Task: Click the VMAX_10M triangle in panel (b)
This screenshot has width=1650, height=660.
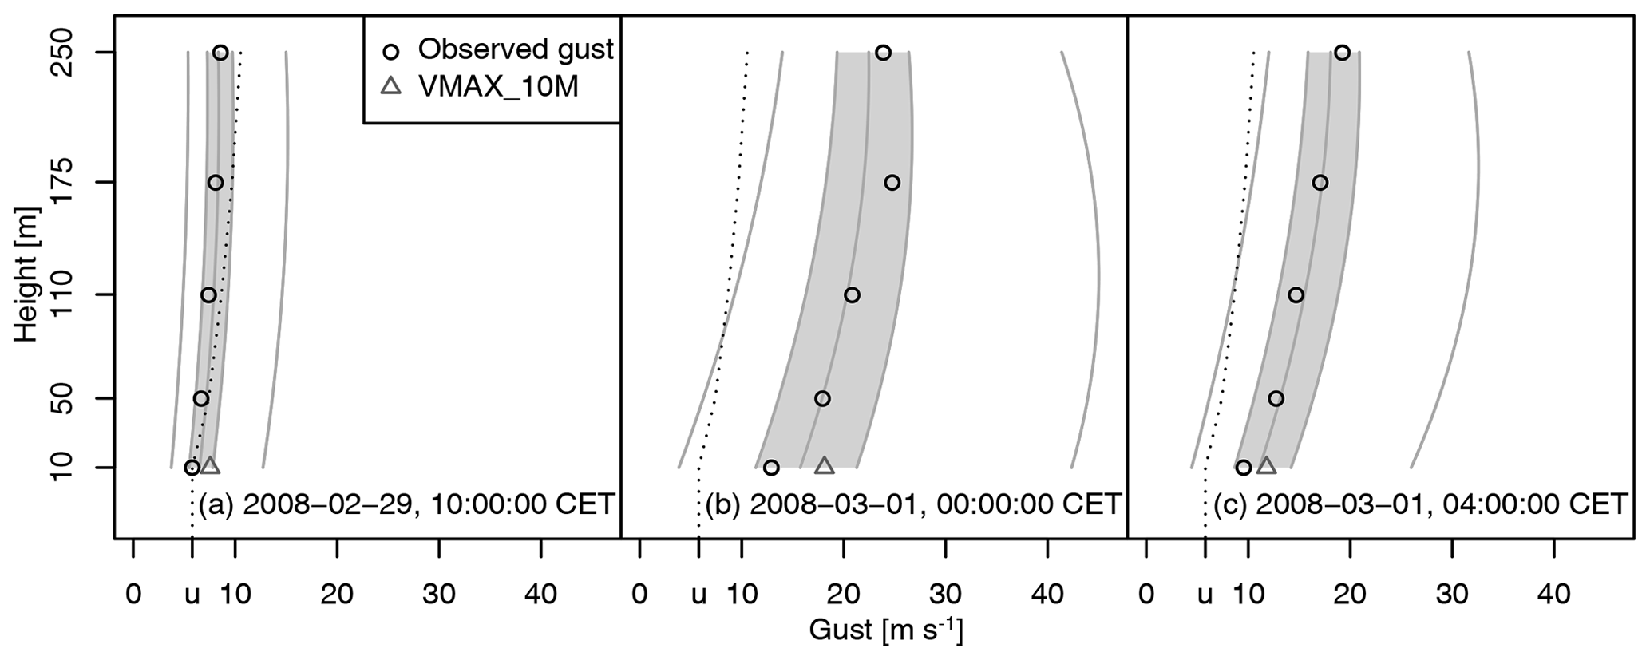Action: [x=825, y=466]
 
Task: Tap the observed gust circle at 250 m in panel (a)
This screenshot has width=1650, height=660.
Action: [x=220, y=53]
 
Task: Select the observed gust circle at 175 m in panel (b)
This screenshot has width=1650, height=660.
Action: [x=892, y=183]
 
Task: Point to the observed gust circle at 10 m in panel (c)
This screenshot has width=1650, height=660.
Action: [x=1243, y=468]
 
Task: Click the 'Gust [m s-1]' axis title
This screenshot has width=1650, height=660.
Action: [x=885, y=630]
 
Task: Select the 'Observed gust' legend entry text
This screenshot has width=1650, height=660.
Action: [x=516, y=49]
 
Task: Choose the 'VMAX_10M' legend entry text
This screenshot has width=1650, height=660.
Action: [x=498, y=87]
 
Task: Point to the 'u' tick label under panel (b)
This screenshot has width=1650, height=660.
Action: [x=698, y=595]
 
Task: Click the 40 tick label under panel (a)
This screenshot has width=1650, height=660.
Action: [x=541, y=595]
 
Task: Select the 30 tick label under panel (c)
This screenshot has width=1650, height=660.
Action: [x=1452, y=595]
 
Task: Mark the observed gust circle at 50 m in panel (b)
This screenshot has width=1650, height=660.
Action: [x=822, y=398]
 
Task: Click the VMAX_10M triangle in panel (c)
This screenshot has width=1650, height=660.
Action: [x=1266, y=466]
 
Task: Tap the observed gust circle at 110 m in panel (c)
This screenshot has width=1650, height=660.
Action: [x=1296, y=295]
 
